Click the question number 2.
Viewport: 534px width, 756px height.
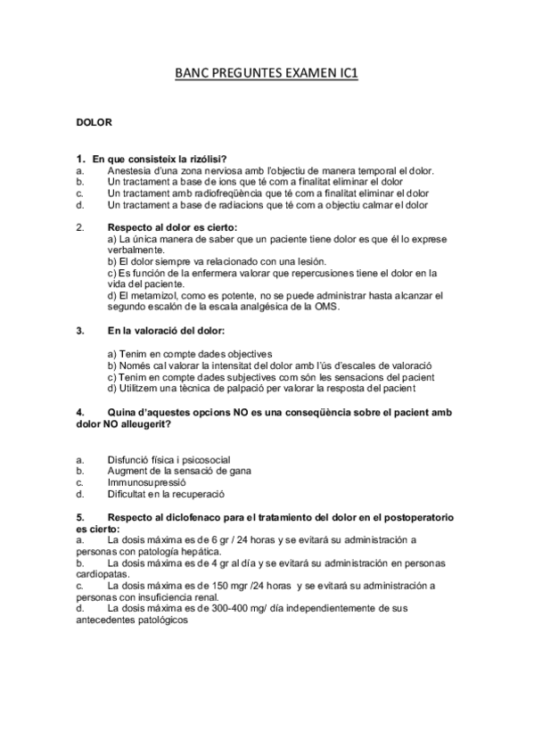(79, 227)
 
